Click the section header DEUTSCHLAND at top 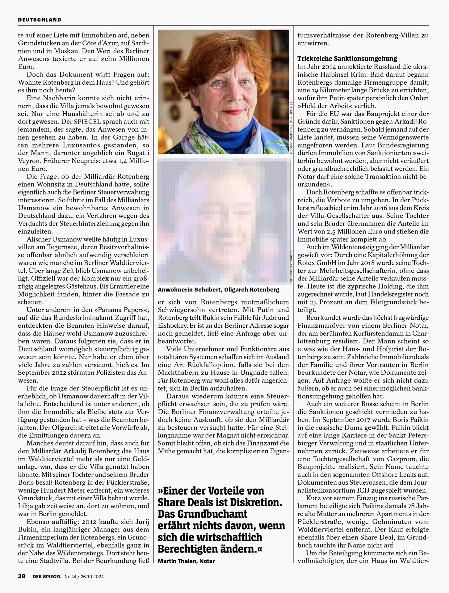click(x=40, y=20)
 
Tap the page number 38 click(x=21, y=576)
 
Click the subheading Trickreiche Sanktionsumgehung click(x=347, y=59)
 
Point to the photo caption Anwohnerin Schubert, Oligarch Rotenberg click(x=218, y=290)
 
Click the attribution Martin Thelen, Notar click(x=186, y=561)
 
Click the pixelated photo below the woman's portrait click(x=224, y=221)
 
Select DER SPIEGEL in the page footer click(x=47, y=576)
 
